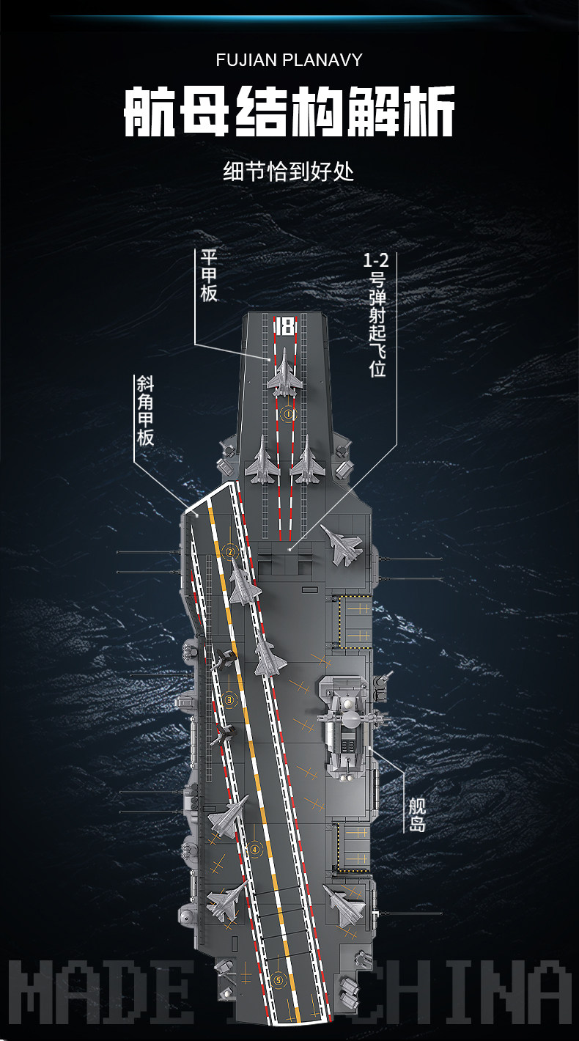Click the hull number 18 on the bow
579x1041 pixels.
point(284,326)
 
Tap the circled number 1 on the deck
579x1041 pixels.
point(288,414)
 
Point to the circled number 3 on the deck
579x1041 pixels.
point(229,700)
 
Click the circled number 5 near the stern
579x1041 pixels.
point(278,979)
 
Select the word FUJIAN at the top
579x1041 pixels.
point(246,60)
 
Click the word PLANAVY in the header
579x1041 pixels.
point(322,60)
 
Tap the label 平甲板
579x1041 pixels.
point(209,276)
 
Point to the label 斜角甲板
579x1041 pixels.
point(144,411)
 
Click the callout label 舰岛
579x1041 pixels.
point(417,815)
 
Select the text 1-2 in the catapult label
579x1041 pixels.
point(376,260)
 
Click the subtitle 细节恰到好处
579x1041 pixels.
point(288,172)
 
